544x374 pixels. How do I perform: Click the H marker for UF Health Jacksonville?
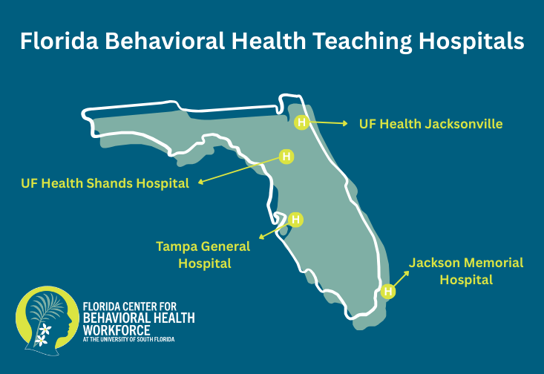coord(301,122)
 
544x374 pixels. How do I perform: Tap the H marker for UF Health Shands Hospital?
coord(286,157)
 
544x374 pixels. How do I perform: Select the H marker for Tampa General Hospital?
coord(295,220)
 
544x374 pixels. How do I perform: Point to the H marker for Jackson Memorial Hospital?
coord(388,291)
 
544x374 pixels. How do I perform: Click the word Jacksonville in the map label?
coord(465,124)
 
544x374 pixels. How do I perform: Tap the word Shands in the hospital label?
coord(110,183)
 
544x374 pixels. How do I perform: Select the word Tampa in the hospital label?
coord(176,246)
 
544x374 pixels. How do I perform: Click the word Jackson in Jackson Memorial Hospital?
coord(435,263)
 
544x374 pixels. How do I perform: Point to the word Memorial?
coord(494,263)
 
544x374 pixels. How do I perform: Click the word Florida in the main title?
coord(59,41)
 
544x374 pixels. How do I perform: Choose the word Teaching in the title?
coord(363,42)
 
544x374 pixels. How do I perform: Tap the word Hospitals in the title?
coord(471,42)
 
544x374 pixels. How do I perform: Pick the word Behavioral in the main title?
coord(165,41)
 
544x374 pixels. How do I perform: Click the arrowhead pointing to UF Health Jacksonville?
coord(345,123)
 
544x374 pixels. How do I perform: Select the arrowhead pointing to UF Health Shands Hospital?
coord(200,182)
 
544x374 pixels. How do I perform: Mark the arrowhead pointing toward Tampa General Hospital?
coord(262,237)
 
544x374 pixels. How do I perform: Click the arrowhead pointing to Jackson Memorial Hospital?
coord(406,273)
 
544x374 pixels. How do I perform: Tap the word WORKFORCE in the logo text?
coord(117,330)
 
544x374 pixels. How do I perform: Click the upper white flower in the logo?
coord(46,329)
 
